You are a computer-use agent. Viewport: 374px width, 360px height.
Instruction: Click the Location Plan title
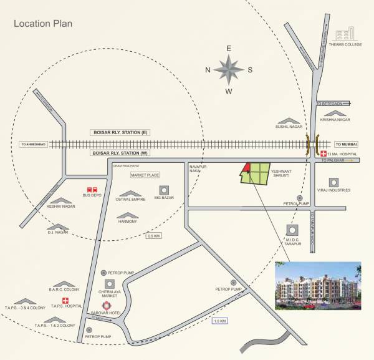click(44, 25)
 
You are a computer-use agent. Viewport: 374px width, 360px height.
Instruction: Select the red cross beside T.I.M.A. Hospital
click(324, 152)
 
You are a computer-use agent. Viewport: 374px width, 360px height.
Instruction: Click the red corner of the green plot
click(247, 167)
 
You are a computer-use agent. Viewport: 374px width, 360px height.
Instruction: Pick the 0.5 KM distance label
click(153, 236)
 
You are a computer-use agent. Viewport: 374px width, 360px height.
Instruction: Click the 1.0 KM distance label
click(219, 321)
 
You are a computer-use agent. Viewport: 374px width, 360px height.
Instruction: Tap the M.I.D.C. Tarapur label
click(293, 242)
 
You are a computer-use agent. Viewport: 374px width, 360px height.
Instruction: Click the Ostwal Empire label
click(130, 200)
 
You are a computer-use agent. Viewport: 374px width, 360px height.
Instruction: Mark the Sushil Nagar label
click(289, 125)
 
